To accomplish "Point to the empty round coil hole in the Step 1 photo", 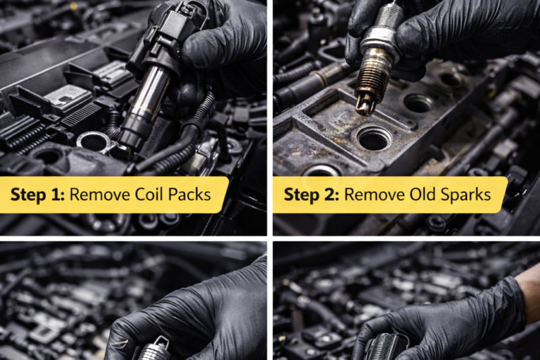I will coord(94,141).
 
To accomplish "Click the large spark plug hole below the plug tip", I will coord(374,138).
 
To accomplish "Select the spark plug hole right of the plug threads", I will coord(418,103).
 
